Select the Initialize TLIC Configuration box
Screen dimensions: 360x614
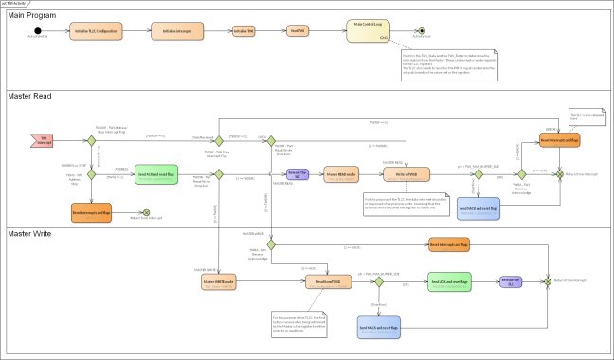[x=97, y=30]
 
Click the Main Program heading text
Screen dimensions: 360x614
[x=32, y=15]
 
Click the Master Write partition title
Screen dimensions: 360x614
[x=31, y=233]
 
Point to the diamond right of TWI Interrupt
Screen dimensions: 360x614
[x=92, y=140]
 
